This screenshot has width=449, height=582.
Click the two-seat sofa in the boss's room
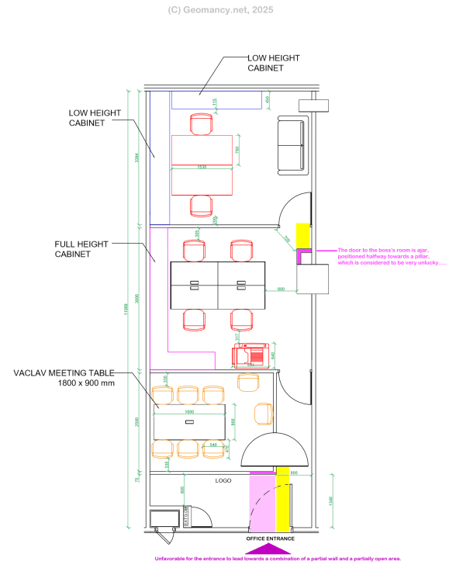(x=291, y=144)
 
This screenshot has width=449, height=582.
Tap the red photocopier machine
(x=251, y=355)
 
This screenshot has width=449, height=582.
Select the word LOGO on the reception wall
(x=223, y=481)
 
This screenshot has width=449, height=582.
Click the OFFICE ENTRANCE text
(x=271, y=538)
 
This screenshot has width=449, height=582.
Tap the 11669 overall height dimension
(x=126, y=309)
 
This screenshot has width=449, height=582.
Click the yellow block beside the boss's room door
(x=302, y=237)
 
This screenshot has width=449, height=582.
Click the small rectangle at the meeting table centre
(x=189, y=422)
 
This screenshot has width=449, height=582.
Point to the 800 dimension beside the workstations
(x=281, y=289)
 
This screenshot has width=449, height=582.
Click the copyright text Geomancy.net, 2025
(x=220, y=10)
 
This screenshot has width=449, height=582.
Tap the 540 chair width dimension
(x=213, y=445)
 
